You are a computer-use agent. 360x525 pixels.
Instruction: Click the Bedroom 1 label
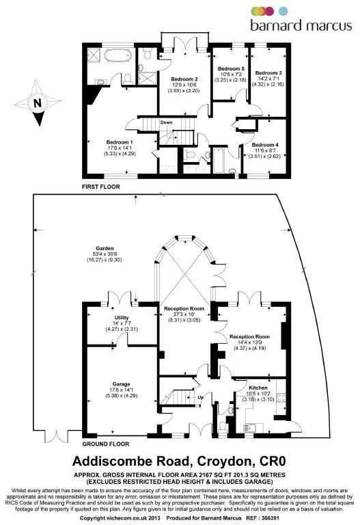(120, 142)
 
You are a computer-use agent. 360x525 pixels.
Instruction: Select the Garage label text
(121, 384)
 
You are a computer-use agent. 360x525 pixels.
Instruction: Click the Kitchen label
(258, 388)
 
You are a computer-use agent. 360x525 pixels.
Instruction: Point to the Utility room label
(121, 317)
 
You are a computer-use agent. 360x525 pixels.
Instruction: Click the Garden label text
(105, 248)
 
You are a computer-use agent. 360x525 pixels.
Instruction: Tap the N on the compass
(38, 103)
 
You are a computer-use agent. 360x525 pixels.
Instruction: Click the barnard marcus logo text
(301, 25)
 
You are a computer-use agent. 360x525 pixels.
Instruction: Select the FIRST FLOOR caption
(100, 187)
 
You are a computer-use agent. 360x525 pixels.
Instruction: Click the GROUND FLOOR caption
(106, 444)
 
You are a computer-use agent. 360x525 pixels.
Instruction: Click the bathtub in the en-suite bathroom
(117, 55)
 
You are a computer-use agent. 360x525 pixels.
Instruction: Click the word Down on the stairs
(166, 122)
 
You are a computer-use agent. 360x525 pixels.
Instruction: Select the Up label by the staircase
(200, 397)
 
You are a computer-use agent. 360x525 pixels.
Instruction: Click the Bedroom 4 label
(265, 145)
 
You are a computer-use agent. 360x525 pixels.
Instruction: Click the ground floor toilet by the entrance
(223, 427)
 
